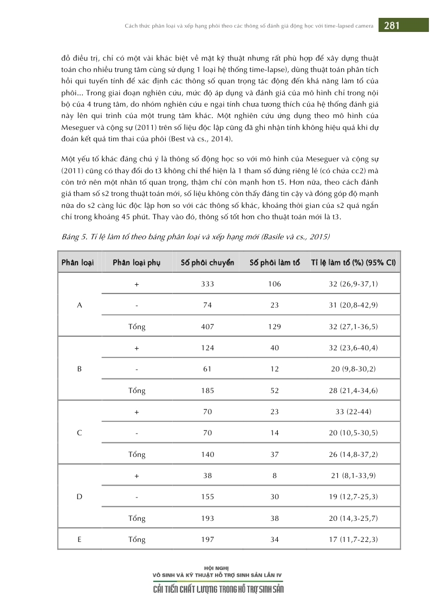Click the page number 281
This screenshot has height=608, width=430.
[392, 25]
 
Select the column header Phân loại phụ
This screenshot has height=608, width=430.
[136, 263]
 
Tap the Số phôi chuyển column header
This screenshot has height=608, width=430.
[207, 263]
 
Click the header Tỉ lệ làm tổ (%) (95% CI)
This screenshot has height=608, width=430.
[353, 263]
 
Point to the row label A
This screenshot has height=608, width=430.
[80, 305]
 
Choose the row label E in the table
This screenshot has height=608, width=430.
[80, 539]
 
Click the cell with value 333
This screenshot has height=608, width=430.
[207, 284]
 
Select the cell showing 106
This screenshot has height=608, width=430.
[275, 284]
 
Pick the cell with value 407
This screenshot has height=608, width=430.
[207, 326]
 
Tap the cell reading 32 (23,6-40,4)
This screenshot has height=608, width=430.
[353, 348]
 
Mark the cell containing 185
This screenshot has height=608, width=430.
[207, 390]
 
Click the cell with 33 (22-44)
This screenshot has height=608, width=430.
[353, 411]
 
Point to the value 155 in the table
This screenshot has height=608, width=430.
[207, 496]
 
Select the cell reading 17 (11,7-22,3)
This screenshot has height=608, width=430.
[353, 539]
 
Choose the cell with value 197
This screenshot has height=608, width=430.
[207, 539]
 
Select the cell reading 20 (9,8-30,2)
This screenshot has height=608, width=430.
[353, 369]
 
